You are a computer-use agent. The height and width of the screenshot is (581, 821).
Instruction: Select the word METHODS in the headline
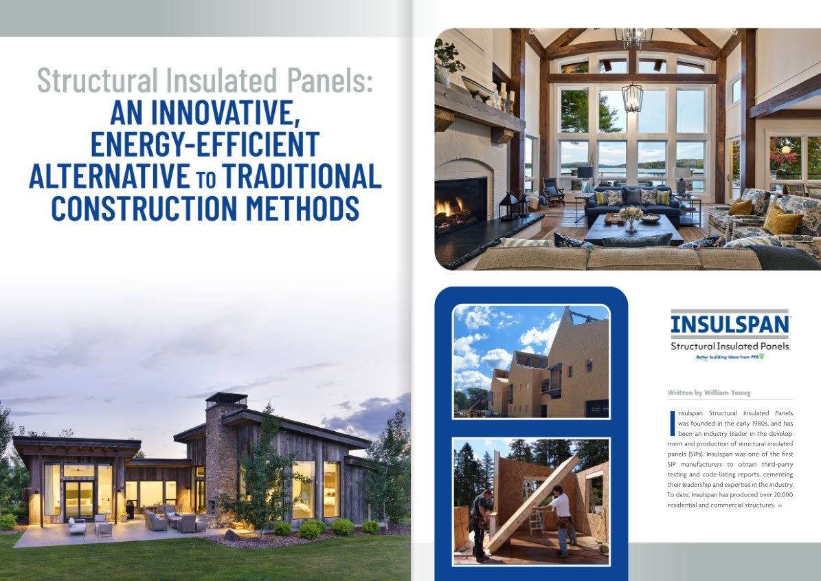coord(303,208)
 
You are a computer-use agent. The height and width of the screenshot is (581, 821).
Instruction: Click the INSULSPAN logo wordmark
coord(730,323)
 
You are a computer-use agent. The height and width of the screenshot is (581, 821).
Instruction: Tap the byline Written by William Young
coord(709,393)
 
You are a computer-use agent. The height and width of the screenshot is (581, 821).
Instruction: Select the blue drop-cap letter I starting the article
coord(672,424)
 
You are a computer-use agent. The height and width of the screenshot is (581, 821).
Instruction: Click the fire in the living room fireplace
coord(448,208)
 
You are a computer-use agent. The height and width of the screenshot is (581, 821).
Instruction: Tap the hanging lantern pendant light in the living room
coord(633,97)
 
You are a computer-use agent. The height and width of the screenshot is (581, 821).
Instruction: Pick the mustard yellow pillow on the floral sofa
coord(781,221)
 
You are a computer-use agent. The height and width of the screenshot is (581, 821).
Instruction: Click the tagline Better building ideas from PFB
coord(730,358)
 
